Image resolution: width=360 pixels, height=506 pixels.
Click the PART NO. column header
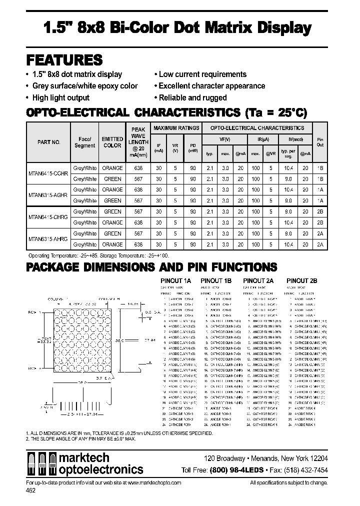tap(48, 142)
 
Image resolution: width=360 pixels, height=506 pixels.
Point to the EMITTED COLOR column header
tap(112, 142)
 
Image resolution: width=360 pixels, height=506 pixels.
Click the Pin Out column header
tap(320, 141)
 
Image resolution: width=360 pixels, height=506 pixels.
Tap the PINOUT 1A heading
tap(175, 281)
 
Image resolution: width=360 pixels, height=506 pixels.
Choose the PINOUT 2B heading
tap(301, 281)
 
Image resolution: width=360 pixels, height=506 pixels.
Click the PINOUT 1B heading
tap(216, 281)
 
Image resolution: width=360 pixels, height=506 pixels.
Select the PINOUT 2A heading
tap(258, 281)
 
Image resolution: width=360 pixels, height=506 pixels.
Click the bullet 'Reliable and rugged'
tap(190, 97)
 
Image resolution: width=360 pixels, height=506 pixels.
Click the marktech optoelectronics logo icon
tap(41, 463)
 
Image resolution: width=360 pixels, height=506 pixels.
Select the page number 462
tap(30, 491)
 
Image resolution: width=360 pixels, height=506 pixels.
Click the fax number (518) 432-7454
tap(306, 470)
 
